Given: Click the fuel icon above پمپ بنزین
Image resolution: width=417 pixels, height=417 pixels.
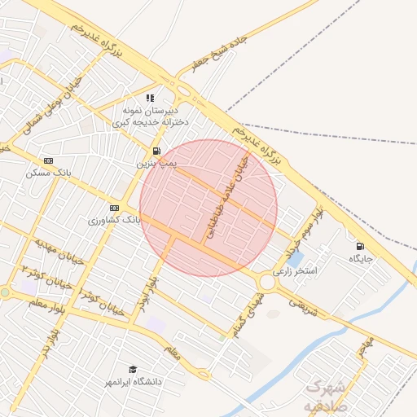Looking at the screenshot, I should tap(156, 151).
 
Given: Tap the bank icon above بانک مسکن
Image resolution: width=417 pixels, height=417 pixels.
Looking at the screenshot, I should tap(48, 160).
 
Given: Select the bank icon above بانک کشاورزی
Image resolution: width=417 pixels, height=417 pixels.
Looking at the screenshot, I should tap(113, 208).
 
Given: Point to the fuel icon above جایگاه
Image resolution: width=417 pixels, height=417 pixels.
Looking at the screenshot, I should tap(359, 246).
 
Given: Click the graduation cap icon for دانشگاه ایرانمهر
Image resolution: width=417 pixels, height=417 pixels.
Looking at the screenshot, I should tap(133, 369).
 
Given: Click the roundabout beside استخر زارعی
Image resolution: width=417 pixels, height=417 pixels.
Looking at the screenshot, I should tap(266, 283).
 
